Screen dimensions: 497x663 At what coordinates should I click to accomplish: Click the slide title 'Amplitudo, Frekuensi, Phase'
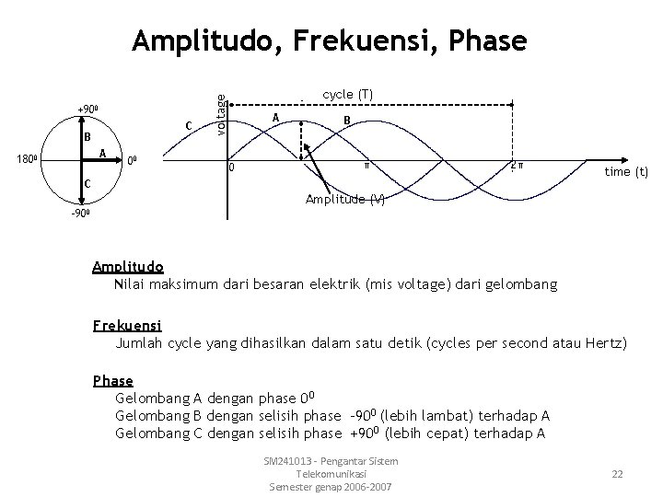pos(330,40)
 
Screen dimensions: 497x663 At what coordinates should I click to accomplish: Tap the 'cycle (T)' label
pos(347,94)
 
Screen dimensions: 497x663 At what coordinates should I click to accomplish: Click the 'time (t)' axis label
pos(626,171)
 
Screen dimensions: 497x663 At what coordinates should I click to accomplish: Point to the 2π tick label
pos(518,166)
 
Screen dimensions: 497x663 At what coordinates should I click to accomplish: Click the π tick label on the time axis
pos(366,166)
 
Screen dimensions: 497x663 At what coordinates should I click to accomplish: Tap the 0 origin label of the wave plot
pos(232,168)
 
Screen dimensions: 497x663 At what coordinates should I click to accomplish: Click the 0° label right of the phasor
pos(133,158)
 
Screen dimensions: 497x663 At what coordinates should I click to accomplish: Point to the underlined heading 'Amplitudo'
pos(128,267)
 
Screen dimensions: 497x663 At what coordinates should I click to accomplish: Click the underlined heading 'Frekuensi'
pos(127,325)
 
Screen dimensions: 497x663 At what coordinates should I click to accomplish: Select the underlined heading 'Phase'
pos(113,380)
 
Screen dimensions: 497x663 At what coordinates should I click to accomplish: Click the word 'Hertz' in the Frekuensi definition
pos(604,343)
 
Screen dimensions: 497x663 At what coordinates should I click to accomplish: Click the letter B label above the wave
pos(345,120)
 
